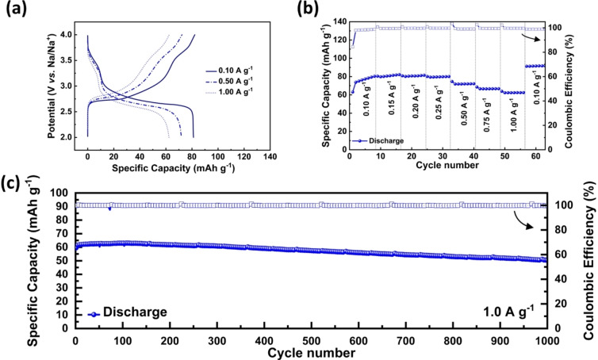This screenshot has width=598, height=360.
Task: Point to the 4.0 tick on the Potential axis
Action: (x=73, y=35)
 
